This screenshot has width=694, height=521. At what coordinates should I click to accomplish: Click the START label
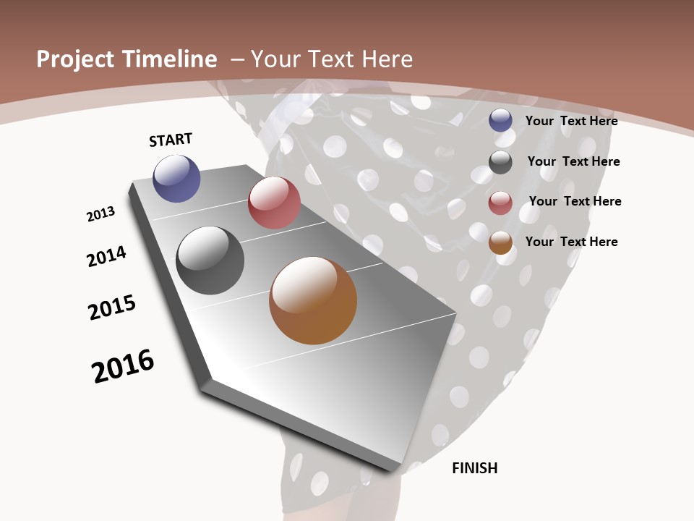[171, 140]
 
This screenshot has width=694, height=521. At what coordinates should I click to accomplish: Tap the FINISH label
[475, 468]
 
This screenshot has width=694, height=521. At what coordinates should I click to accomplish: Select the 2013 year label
[100, 214]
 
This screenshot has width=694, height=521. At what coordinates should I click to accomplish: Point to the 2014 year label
[107, 256]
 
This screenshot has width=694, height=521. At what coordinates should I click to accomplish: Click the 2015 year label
[112, 308]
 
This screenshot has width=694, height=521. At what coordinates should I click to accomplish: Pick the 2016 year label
[123, 366]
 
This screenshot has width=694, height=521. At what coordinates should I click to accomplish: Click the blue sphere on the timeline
[176, 178]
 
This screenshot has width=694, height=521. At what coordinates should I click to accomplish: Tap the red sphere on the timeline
[274, 203]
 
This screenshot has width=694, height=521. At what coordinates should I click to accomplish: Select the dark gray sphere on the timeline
[210, 260]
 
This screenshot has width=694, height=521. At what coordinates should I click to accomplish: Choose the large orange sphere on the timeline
[313, 300]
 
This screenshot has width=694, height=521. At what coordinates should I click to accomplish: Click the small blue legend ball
[500, 120]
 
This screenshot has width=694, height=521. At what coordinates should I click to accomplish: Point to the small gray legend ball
[500, 162]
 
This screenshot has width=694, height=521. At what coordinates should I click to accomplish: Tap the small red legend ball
[500, 203]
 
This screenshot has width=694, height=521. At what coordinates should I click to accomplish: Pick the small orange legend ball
[500, 242]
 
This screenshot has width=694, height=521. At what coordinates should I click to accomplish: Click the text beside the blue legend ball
[572, 121]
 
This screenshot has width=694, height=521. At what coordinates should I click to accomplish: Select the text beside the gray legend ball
[573, 161]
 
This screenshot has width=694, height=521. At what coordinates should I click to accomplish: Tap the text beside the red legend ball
[575, 201]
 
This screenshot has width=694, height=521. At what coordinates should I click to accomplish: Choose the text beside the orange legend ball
[572, 242]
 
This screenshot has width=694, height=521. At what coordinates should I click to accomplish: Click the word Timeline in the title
[171, 59]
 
